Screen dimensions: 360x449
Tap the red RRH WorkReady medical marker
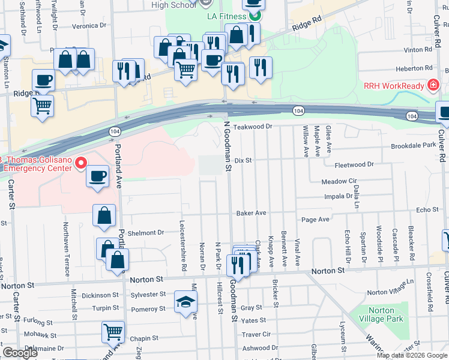[432, 86]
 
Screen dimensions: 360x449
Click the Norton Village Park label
[379, 315]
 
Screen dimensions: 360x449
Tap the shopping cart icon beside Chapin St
[113, 331]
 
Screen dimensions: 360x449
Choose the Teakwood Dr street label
[253, 127]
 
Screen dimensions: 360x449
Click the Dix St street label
[242, 161]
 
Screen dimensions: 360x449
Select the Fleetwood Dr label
[354, 164]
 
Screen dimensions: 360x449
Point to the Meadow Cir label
[339, 181]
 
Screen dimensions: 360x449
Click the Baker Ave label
[251, 213]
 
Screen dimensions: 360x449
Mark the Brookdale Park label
[413, 146]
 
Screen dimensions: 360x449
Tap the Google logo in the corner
[20, 353]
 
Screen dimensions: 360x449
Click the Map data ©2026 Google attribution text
[411, 355]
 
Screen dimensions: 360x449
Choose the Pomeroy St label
[148, 309]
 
